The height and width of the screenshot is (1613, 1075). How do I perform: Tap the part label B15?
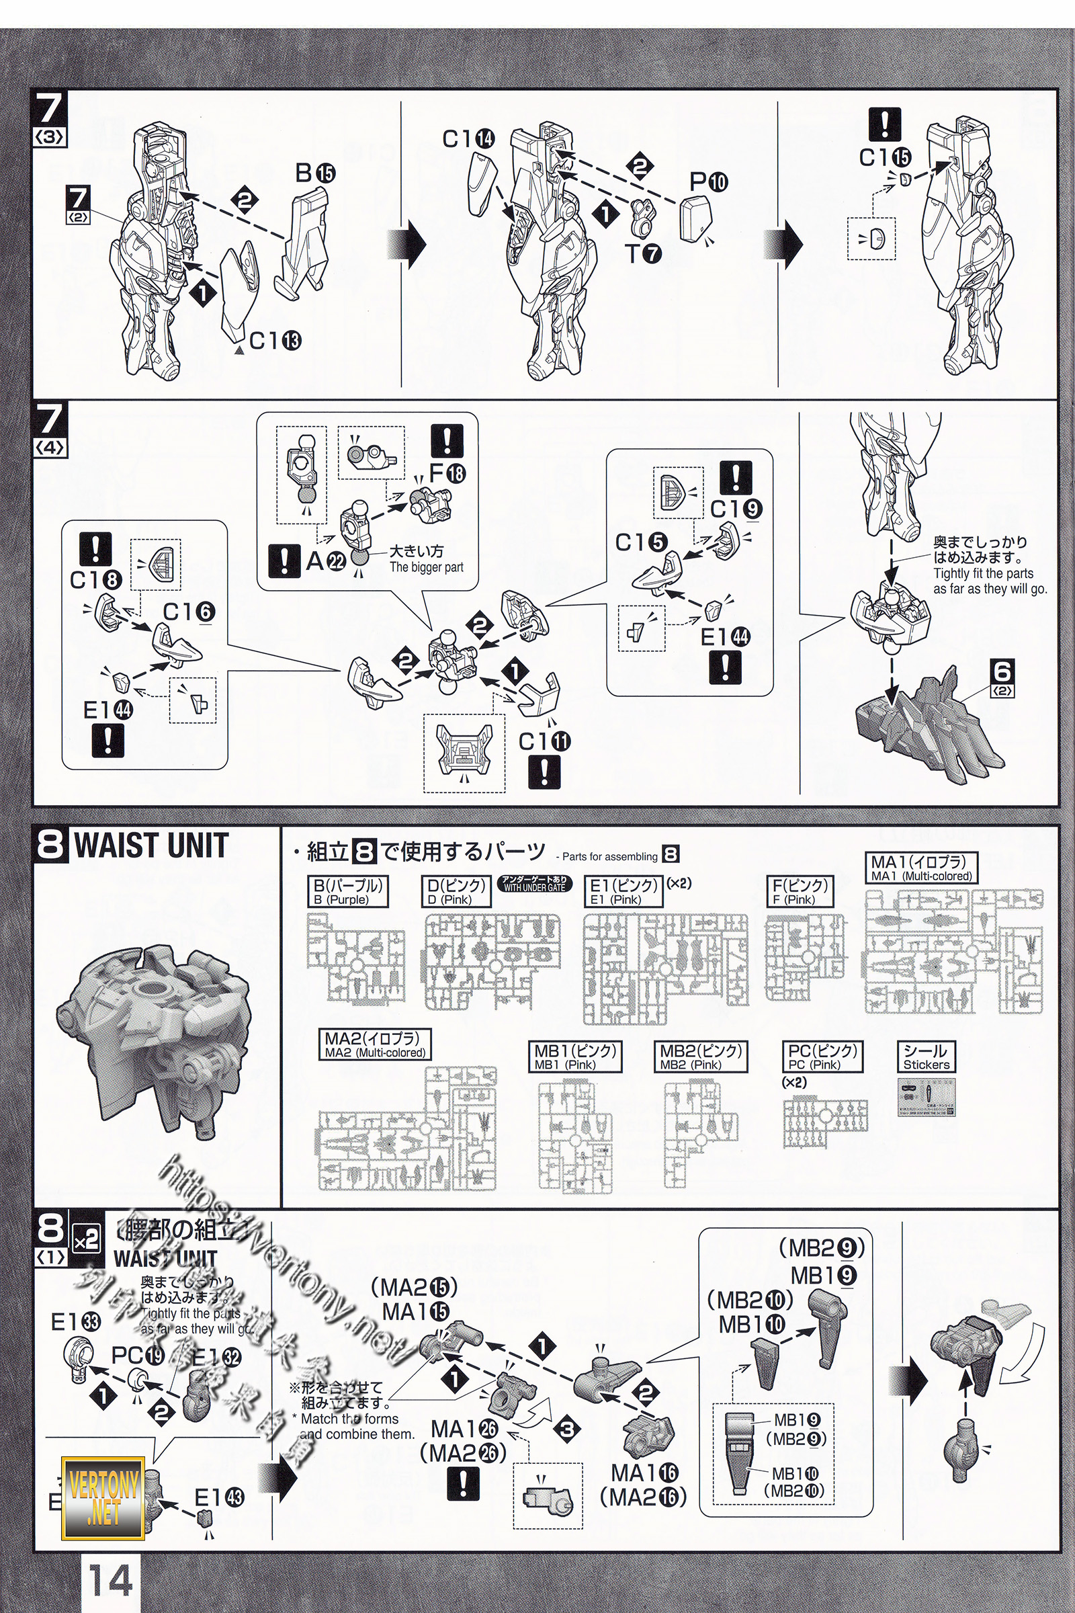(x=314, y=173)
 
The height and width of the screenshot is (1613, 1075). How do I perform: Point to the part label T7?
(x=643, y=254)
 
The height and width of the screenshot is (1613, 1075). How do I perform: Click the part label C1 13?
(x=275, y=340)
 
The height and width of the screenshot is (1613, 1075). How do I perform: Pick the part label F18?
(x=447, y=473)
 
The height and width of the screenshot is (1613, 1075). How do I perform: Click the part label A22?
(x=326, y=562)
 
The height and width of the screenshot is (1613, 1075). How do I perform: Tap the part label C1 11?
(x=544, y=741)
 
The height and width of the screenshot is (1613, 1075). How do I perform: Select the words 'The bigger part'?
(x=427, y=567)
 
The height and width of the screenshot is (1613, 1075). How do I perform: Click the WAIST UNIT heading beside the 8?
(x=150, y=845)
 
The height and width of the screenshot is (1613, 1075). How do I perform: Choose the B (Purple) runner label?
(x=347, y=892)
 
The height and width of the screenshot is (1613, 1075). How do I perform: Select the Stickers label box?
(x=926, y=1057)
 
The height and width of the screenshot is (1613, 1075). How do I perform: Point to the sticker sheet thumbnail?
(x=926, y=1098)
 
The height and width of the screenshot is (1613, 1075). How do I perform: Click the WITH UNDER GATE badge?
(x=535, y=884)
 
